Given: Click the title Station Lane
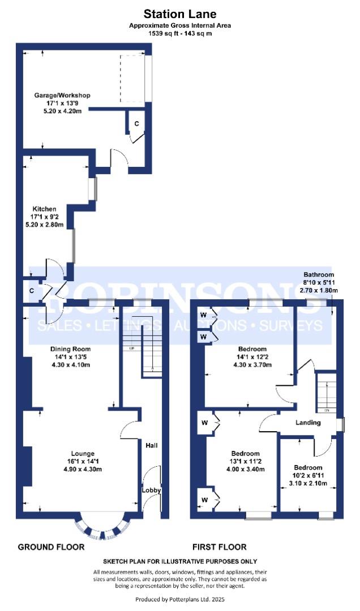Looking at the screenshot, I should [x=179, y=13].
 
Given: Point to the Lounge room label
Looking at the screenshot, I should [x=83, y=453].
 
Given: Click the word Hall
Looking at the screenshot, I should [x=151, y=445].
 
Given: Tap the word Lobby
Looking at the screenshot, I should [x=151, y=490].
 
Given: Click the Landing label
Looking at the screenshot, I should [x=308, y=423].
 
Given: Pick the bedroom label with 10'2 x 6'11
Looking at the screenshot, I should [x=308, y=468].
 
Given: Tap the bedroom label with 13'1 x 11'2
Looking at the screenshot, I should [x=246, y=454].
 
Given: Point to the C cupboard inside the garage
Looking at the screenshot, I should [x=136, y=123].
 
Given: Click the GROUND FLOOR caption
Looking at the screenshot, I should [x=52, y=547].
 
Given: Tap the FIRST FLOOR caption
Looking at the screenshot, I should [x=220, y=547].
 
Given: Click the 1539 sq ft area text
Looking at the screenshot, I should [x=179, y=33].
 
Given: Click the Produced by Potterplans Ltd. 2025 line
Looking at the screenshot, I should [x=180, y=599].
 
